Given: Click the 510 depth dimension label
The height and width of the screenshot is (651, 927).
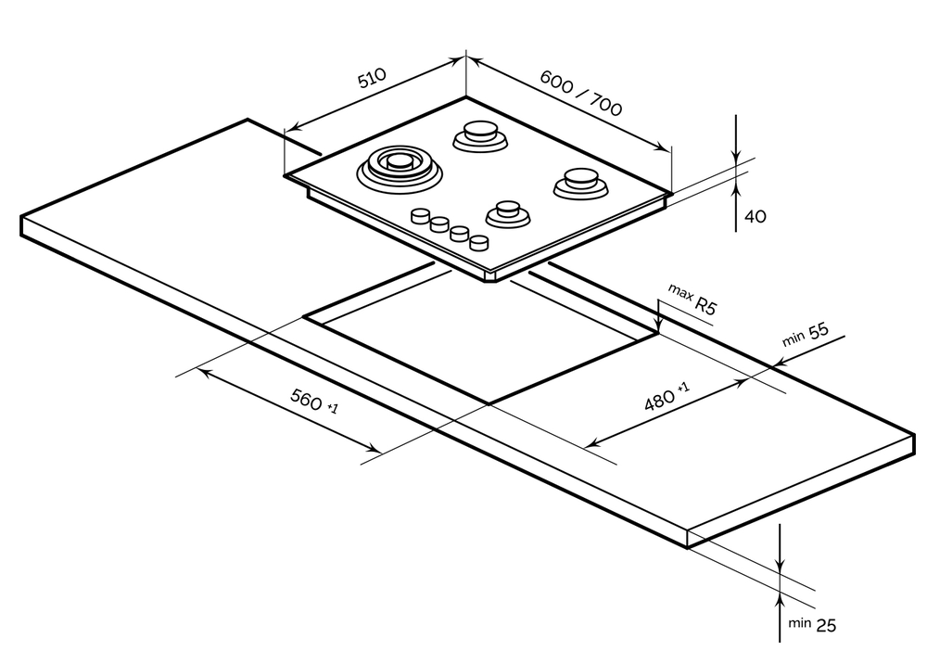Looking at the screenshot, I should [x=372, y=79].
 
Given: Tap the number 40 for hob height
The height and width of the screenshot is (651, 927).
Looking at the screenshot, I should [x=756, y=216].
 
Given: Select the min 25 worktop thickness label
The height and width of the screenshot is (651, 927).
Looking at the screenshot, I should [x=812, y=625].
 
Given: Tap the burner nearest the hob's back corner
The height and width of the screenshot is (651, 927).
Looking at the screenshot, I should [x=480, y=135].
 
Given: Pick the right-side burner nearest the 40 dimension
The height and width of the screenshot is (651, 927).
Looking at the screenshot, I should [x=580, y=181].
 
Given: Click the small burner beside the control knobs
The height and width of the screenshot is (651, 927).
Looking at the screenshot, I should [x=507, y=212].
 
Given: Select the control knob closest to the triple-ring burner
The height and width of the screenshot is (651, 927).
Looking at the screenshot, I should [x=422, y=216].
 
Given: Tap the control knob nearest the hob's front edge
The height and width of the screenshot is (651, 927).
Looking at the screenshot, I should [x=478, y=243].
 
